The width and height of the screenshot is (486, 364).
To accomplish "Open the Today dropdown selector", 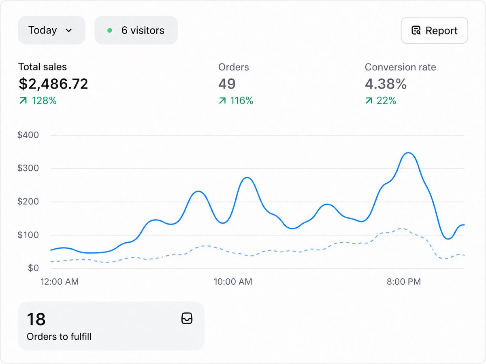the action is pyautogui.click(x=51, y=30).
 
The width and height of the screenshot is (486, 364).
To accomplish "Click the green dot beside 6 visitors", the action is pyautogui.click(x=110, y=30).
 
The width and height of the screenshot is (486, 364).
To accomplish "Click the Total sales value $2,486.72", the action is pyautogui.click(x=53, y=84).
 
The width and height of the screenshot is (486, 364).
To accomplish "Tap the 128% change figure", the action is pyautogui.click(x=44, y=101).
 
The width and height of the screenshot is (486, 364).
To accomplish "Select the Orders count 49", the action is pyautogui.click(x=227, y=84).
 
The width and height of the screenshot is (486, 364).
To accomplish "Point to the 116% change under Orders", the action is pyautogui.click(x=241, y=101).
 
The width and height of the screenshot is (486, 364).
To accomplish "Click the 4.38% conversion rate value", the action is pyautogui.click(x=386, y=84).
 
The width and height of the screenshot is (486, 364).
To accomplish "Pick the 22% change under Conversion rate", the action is pyautogui.click(x=386, y=101).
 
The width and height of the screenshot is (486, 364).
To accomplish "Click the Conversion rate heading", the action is pyautogui.click(x=400, y=67).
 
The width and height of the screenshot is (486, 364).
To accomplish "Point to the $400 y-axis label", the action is pyautogui.click(x=28, y=135).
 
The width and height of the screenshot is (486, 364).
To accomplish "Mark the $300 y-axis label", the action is pyautogui.click(x=28, y=168).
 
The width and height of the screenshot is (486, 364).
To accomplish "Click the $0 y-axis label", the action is pyautogui.click(x=33, y=268).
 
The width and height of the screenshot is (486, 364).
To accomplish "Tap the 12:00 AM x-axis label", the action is pyautogui.click(x=60, y=281).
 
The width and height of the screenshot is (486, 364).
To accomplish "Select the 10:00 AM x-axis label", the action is pyautogui.click(x=233, y=281).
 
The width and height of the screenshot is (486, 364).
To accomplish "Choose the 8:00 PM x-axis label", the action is pyautogui.click(x=404, y=281).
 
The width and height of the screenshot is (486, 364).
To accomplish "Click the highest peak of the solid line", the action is pyautogui.click(x=408, y=153).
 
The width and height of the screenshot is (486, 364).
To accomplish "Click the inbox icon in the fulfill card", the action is pyautogui.click(x=187, y=318).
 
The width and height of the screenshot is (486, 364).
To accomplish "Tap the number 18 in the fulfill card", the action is pyautogui.click(x=36, y=319).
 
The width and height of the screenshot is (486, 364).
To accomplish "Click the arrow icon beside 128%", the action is pyautogui.click(x=23, y=101).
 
